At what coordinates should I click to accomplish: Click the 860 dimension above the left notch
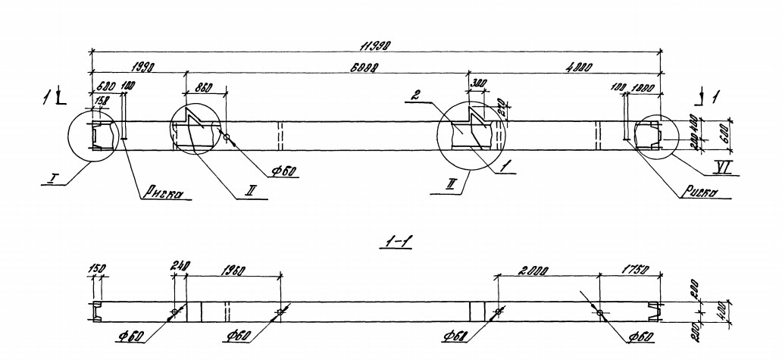pyautogui.click(x=204, y=87)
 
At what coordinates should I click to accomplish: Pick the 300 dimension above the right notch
pyautogui.click(x=479, y=83)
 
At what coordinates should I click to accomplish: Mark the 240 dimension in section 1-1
pyautogui.click(x=180, y=267)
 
